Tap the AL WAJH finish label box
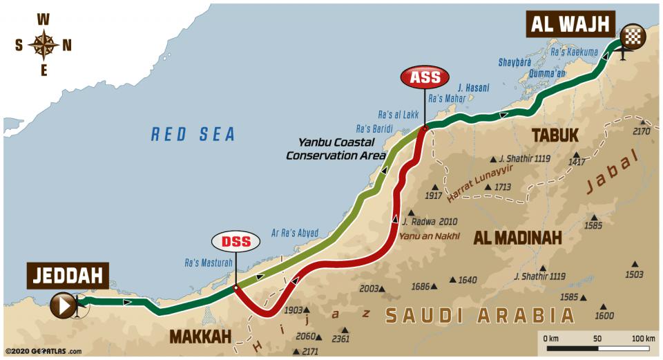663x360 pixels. click(x=570, y=25)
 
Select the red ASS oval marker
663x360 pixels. click(x=425, y=77)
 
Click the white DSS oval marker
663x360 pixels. click(x=236, y=242)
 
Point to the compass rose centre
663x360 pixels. click(x=43, y=45)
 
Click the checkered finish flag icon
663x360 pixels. click(x=633, y=35)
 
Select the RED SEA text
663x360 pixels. click(x=193, y=134)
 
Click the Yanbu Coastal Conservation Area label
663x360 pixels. click(x=336, y=149)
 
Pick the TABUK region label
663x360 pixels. click(x=555, y=135)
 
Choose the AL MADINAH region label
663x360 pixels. click(x=517, y=238)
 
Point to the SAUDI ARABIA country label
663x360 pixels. click(x=479, y=316)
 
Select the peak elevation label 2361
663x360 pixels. click(x=340, y=339)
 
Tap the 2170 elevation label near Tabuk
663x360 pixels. click(x=641, y=131)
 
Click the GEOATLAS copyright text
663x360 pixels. click(x=43, y=351)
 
